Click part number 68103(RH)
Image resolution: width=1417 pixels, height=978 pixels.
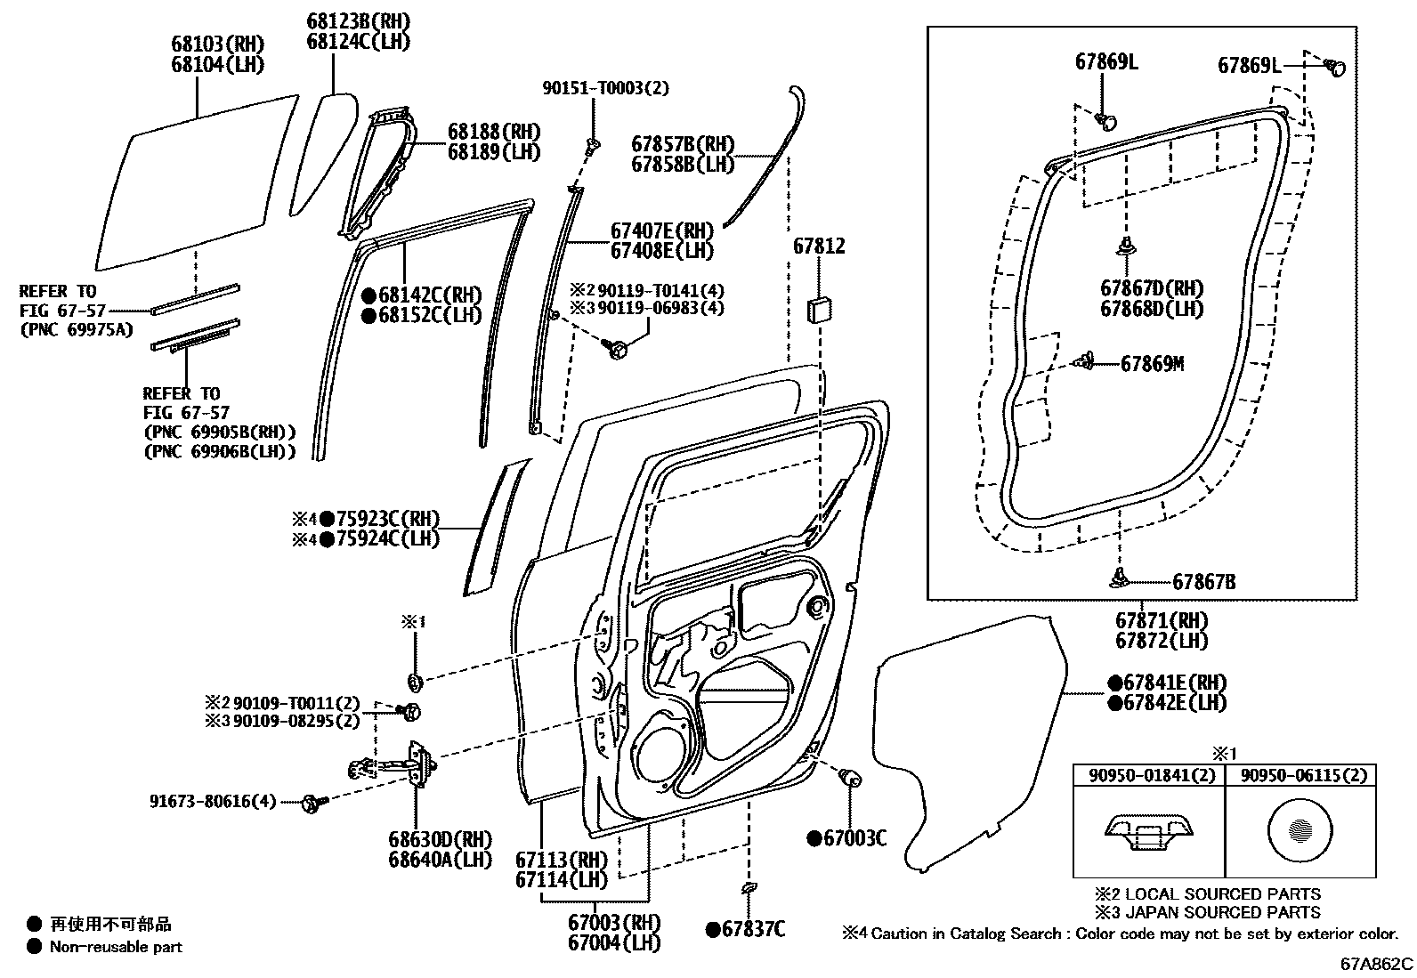point(217,44)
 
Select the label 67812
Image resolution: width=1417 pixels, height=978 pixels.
point(818,247)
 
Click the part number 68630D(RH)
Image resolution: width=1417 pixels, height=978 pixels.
point(440,839)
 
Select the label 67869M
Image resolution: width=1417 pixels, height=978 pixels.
point(1152,364)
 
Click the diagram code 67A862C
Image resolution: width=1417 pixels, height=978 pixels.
point(1377,964)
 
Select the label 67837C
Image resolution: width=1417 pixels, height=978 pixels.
point(752,930)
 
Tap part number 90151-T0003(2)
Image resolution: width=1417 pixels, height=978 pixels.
point(604,88)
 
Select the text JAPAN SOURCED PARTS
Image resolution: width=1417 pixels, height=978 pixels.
point(1224,912)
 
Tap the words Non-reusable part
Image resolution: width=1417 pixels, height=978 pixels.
point(116,947)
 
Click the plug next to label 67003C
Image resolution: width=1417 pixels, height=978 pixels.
point(850,778)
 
